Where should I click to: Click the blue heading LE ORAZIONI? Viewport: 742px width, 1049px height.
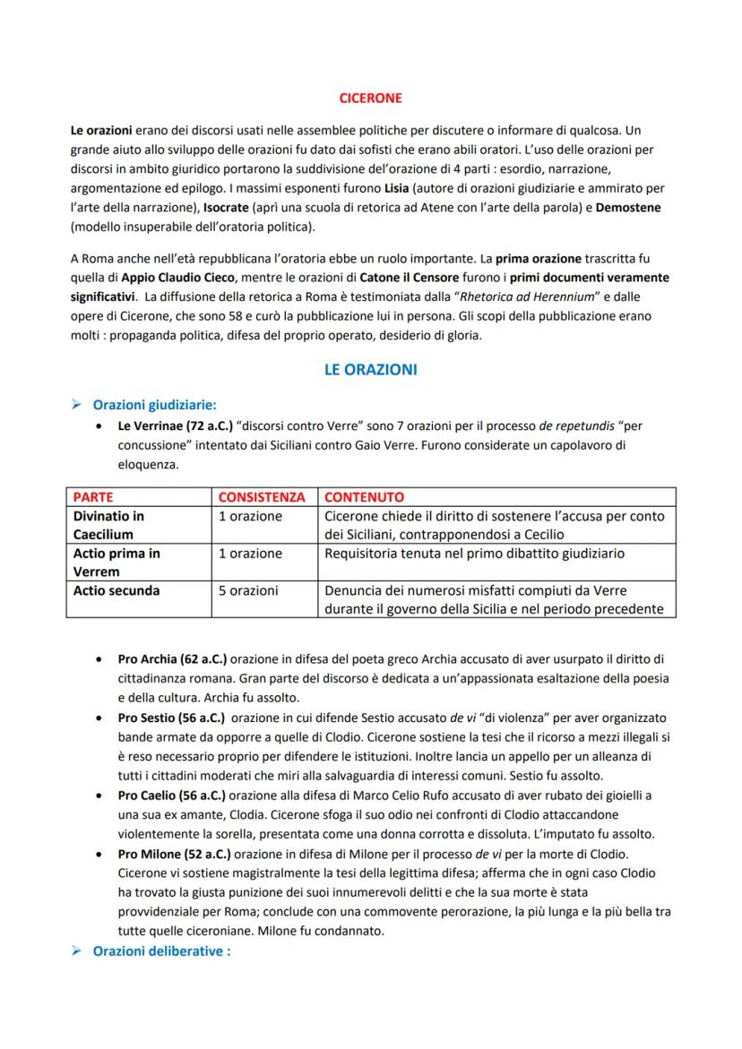(370, 369)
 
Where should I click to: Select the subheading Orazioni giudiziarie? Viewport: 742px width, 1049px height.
(154, 404)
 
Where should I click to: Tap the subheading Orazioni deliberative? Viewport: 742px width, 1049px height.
(161, 950)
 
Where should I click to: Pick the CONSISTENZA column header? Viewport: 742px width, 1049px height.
(262, 496)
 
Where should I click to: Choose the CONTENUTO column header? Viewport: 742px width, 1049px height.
(364, 496)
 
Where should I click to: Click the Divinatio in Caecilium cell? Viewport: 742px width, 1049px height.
(108, 525)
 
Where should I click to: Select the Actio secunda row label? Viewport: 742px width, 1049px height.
(116, 590)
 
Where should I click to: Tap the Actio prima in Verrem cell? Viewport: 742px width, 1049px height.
(116, 563)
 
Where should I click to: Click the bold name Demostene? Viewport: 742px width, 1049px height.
(624, 207)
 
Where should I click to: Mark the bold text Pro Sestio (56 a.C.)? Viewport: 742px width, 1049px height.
(172, 718)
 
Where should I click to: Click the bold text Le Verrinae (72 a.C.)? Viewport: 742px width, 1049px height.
(176, 426)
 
